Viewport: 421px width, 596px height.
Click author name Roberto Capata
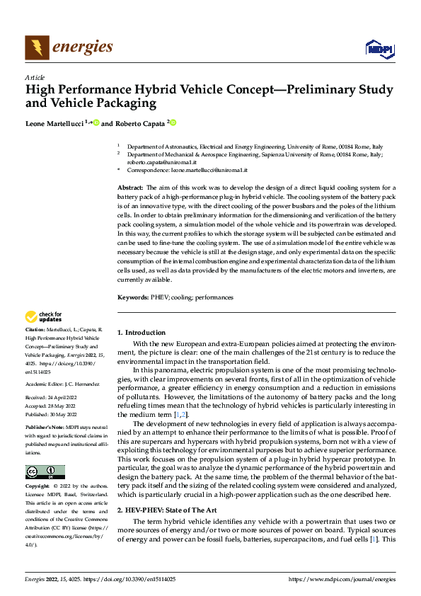[139, 123]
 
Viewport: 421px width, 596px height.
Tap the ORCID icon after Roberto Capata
[172, 122]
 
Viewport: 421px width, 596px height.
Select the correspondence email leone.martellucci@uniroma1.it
[210, 171]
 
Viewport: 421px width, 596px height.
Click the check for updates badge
[44, 316]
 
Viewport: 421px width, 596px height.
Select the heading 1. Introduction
[142, 332]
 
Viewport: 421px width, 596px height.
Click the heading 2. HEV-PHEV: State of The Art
[168, 510]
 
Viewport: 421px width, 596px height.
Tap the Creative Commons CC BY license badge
[45, 472]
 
